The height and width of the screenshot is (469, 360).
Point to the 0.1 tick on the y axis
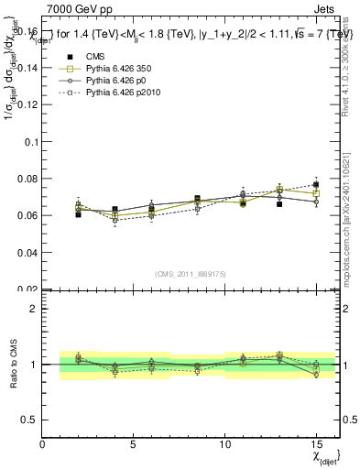(x=30, y=142)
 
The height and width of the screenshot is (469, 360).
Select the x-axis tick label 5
(x=134, y=444)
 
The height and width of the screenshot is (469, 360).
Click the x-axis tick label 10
(x=224, y=444)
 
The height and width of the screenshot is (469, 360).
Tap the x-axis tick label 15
(x=315, y=444)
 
